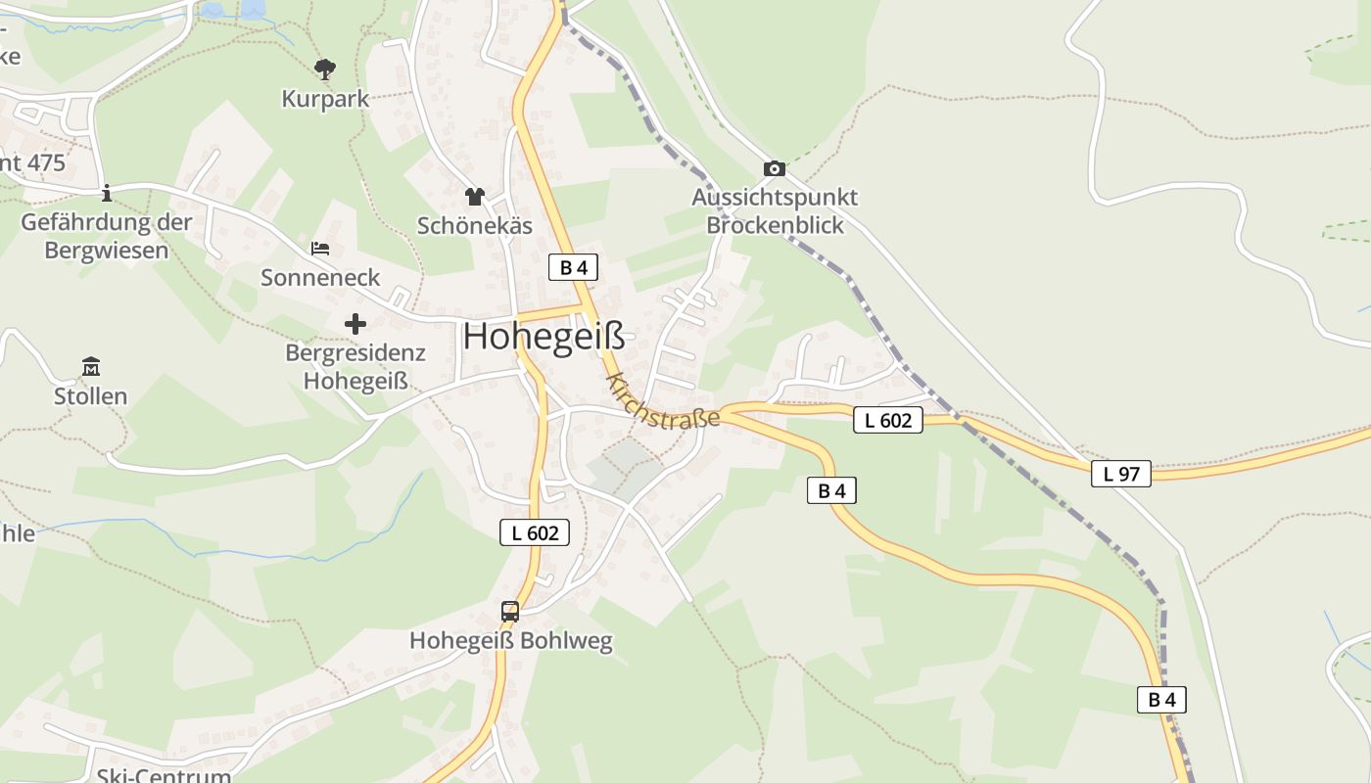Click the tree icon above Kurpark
click(325, 69)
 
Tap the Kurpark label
click(325, 99)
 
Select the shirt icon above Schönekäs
click(475, 197)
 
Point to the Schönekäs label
click(475, 226)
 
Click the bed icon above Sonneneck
click(320, 249)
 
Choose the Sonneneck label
click(320, 278)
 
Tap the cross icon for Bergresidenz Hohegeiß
click(355, 323)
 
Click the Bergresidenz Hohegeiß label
click(355, 366)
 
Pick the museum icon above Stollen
click(91, 367)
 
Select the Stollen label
click(91, 396)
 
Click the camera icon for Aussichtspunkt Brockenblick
click(775, 168)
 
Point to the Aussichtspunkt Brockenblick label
click(775, 210)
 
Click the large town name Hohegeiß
click(544, 337)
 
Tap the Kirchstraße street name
click(663, 402)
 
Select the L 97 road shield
click(1121, 474)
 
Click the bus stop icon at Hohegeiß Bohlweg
click(510, 612)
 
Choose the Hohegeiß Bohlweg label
click(510, 641)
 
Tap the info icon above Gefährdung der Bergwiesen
click(107, 193)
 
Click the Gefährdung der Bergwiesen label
click(107, 236)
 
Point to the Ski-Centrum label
click(165, 775)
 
